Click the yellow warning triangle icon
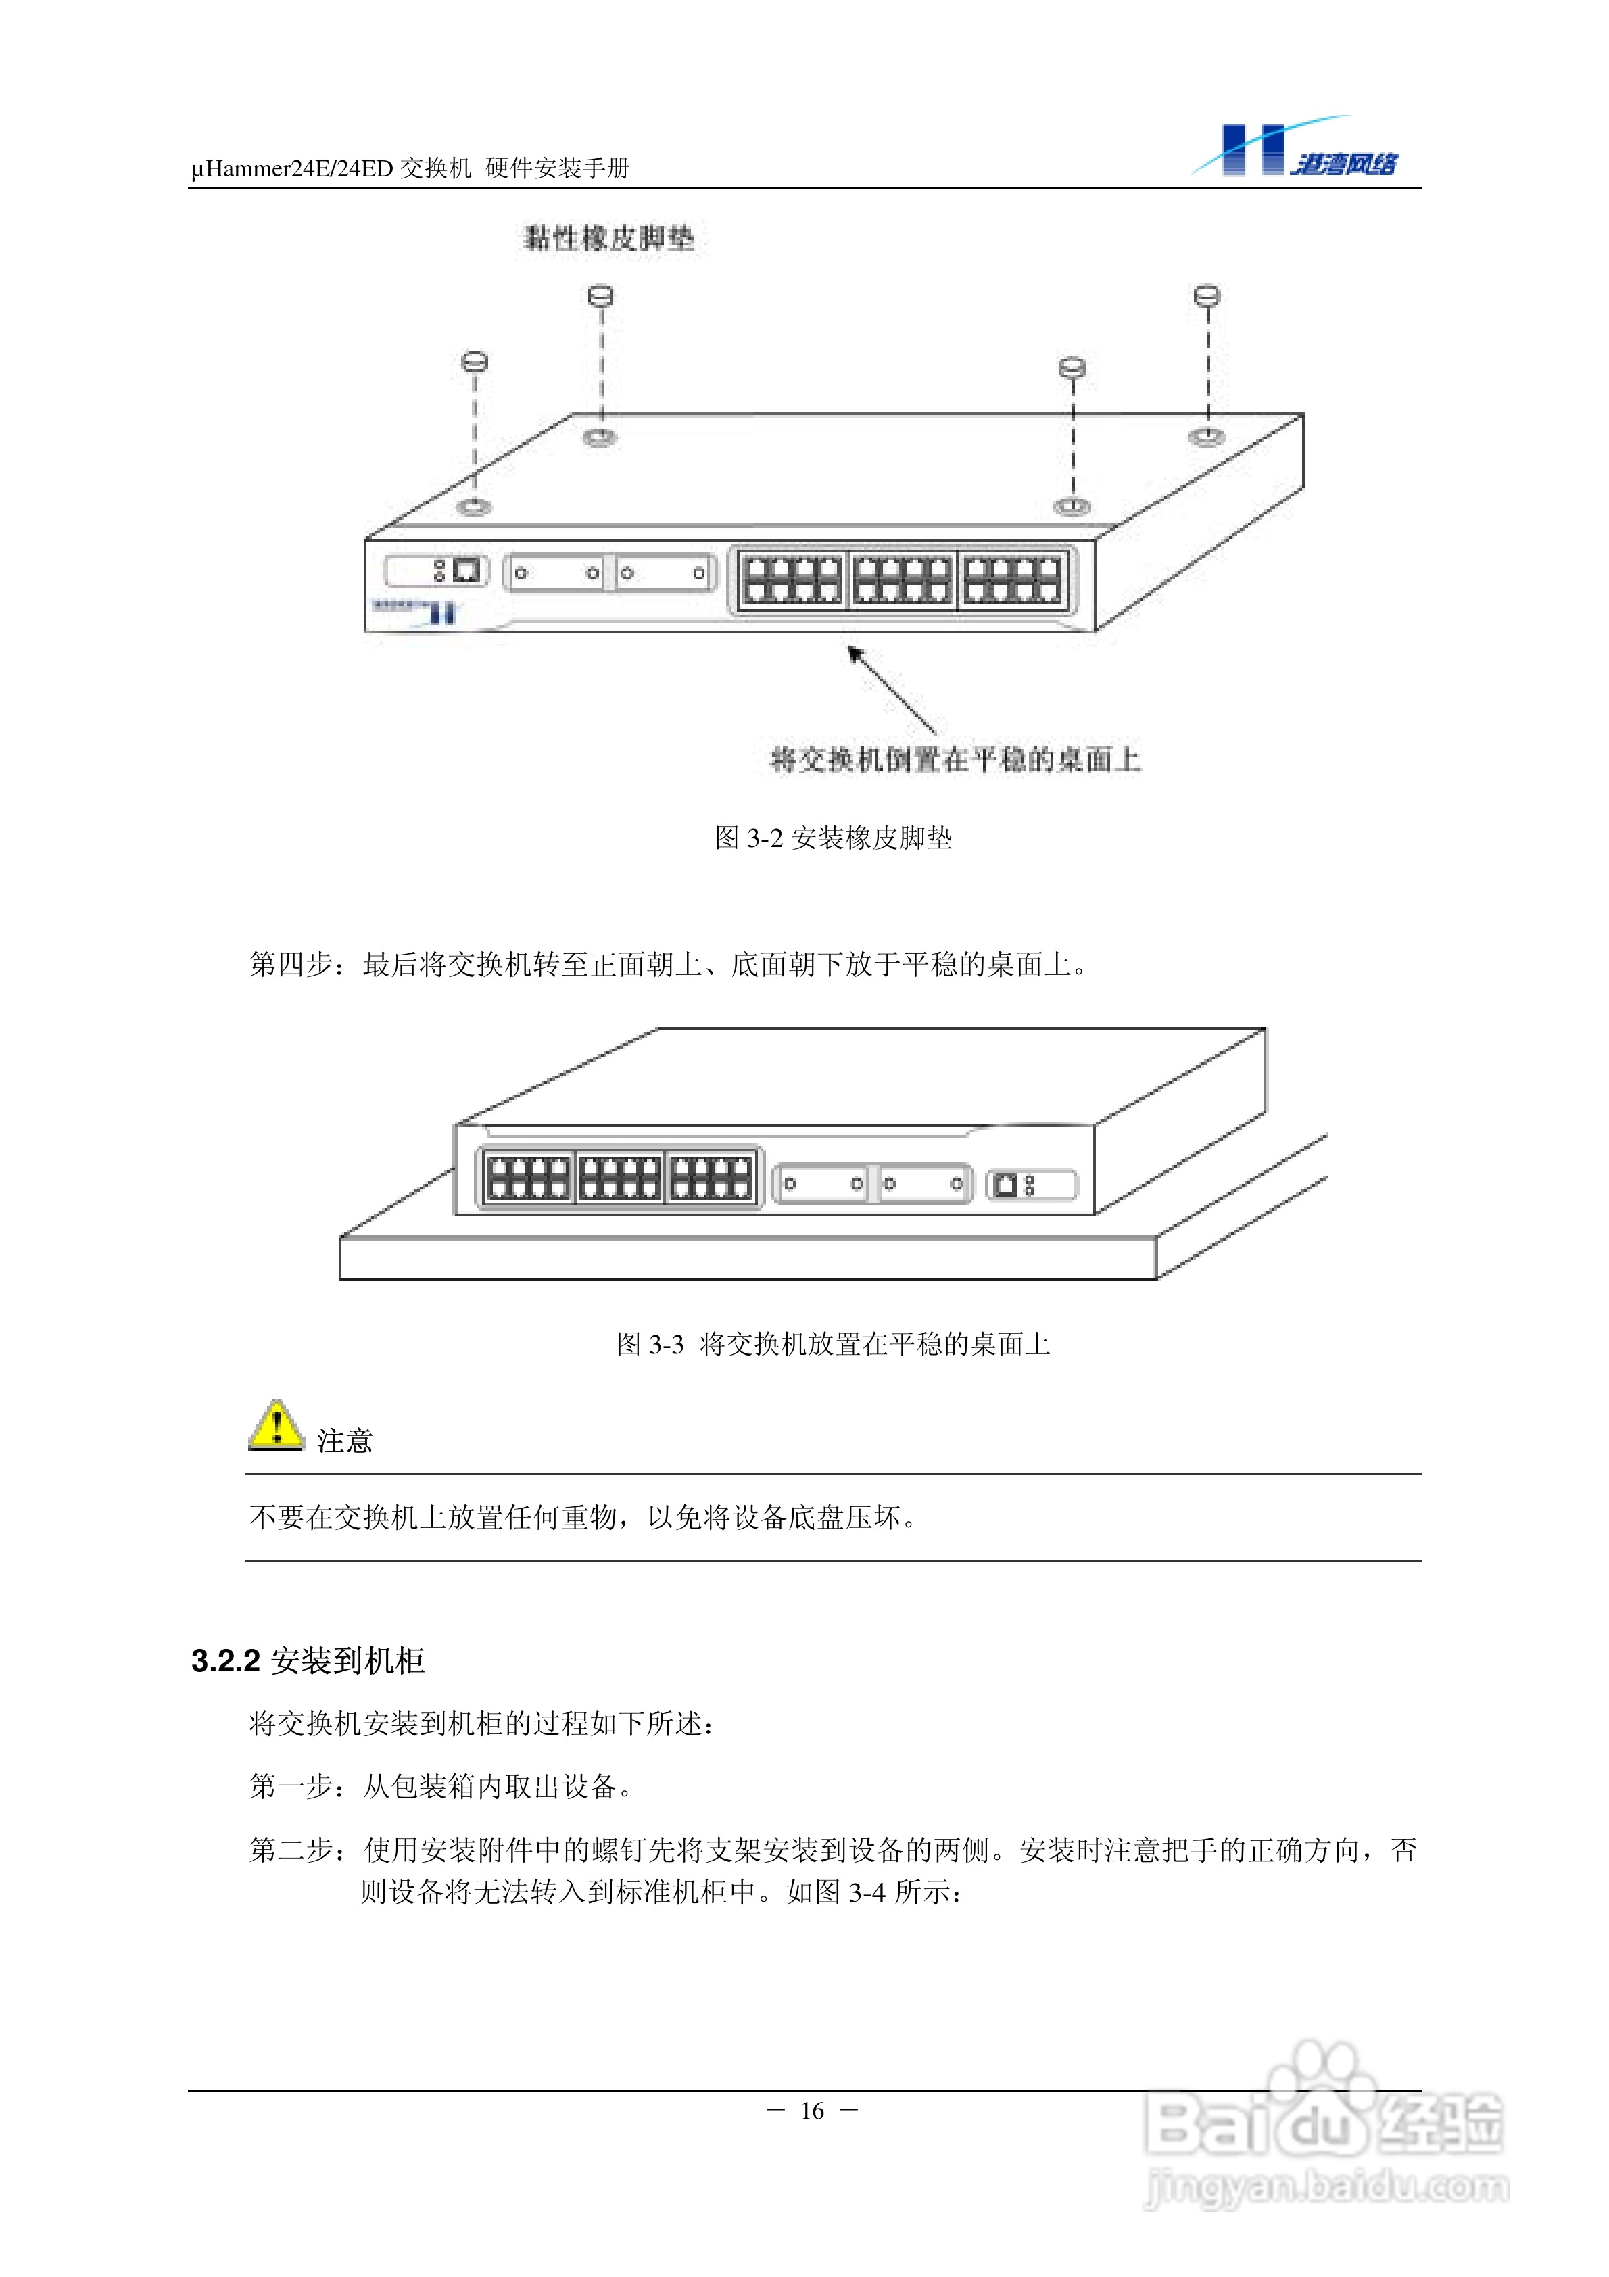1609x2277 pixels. pos(276,1425)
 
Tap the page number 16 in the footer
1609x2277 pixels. pos(813,2111)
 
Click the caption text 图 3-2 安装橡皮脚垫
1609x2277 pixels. pos(834,838)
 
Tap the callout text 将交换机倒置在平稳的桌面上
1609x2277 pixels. pos(955,760)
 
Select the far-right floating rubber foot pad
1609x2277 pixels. pos(1206,295)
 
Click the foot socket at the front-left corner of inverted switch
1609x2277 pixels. pos(473,507)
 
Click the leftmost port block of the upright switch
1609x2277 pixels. pos(529,1177)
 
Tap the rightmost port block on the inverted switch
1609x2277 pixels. pos(1012,579)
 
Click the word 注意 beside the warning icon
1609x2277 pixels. pos(344,1441)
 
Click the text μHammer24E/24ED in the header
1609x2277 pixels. pos(293,168)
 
